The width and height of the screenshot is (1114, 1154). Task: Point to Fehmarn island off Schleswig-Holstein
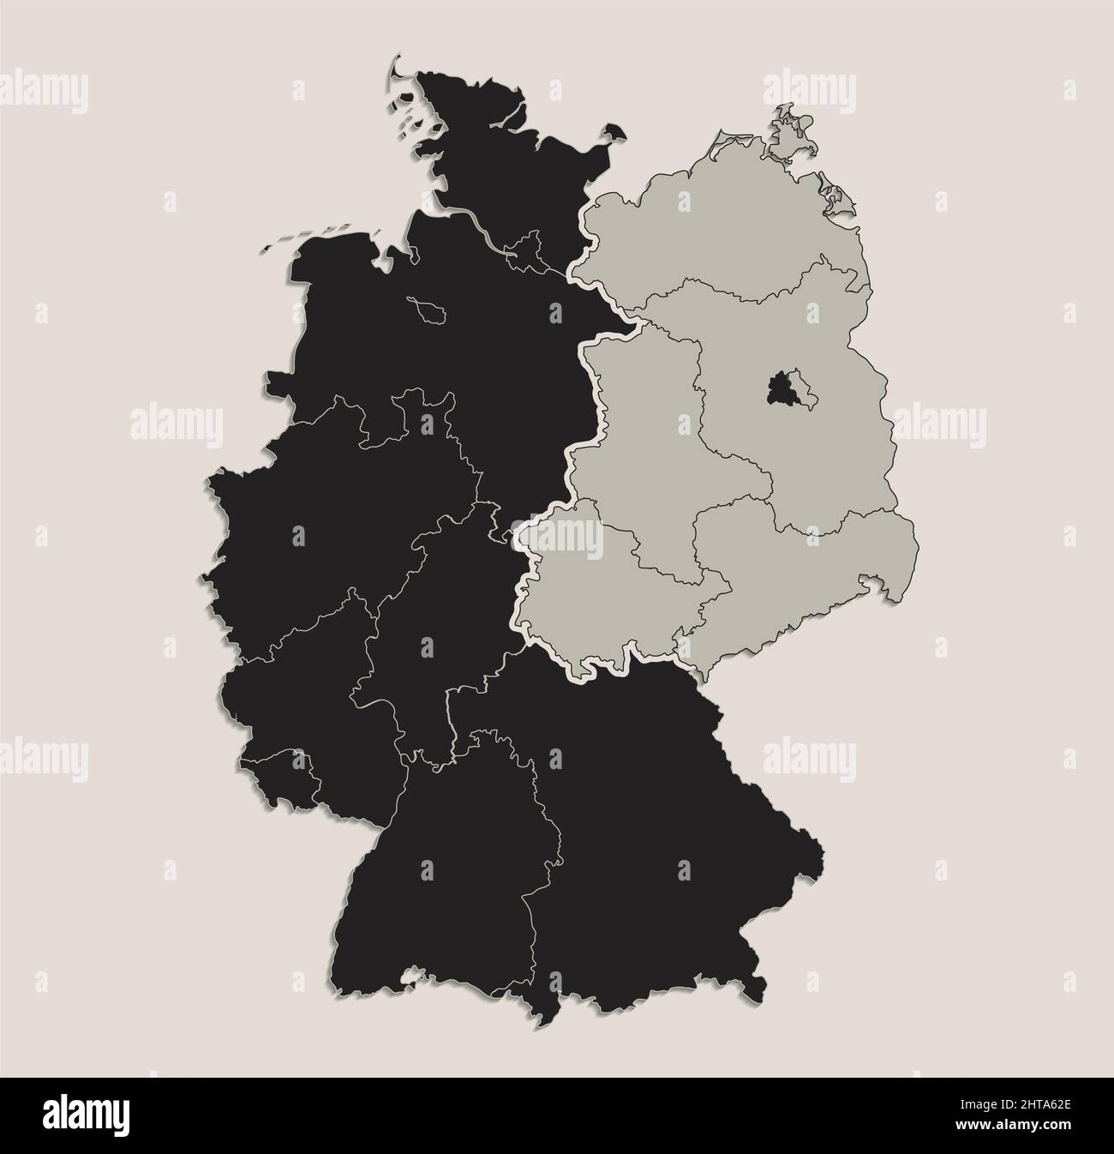[x=613, y=132]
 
